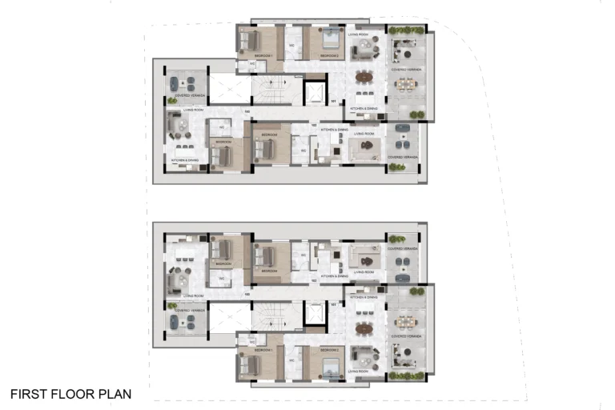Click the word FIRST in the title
click(26, 394)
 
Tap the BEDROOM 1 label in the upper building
click(263, 55)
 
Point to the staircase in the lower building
click(272, 316)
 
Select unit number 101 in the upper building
click(333, 102)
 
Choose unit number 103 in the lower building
click(247, 294)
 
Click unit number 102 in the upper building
click(314, 125)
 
